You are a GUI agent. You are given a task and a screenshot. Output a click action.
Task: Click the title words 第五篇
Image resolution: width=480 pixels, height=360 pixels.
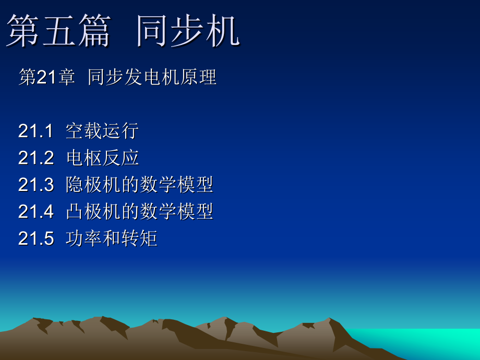[x=58, y=31]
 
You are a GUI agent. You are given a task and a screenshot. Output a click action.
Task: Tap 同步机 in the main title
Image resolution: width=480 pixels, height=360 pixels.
[x=188, y=31]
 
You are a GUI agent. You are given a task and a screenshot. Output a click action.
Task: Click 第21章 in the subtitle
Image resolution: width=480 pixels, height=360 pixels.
[x=46, y=77]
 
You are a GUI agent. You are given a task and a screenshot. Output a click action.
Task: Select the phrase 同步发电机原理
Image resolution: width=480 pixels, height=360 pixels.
[x=152, y=77]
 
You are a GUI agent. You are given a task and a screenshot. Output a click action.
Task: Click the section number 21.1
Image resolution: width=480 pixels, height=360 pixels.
[x=36, y=131]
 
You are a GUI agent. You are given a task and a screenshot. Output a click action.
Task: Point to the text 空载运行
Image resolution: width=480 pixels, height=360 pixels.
[x=102, y=131]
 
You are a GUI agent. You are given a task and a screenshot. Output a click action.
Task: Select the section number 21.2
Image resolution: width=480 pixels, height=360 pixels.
[x=36, y=158]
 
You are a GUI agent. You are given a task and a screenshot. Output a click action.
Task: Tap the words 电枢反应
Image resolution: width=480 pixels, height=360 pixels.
[x=102, y=158]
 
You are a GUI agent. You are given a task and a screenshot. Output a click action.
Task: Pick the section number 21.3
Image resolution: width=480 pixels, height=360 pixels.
[x=36, y=185]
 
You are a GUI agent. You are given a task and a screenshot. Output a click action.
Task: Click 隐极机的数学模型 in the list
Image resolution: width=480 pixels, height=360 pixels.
[x=139, y=185]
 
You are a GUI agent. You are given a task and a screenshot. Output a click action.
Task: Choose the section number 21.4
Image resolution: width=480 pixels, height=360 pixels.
[x=36, y=211]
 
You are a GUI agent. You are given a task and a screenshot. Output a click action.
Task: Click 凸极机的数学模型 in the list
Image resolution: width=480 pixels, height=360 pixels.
[x=139, y=211]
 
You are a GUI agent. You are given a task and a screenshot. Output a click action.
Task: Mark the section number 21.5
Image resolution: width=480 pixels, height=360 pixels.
[x=36, y=238]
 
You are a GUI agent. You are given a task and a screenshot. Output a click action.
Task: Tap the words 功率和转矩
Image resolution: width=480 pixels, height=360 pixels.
[x=112, y=238]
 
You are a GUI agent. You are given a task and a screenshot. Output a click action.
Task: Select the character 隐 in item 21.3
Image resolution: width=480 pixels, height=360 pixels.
[x=75, y=185]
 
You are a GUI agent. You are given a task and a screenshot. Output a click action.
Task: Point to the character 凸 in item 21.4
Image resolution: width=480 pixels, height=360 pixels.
[x=75, y=211]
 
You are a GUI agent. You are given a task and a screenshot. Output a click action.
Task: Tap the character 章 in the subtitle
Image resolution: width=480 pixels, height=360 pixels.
[x=66, y=77]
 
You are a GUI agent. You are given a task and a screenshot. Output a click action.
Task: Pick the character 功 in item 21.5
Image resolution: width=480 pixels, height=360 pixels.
[x=75, y=238]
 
